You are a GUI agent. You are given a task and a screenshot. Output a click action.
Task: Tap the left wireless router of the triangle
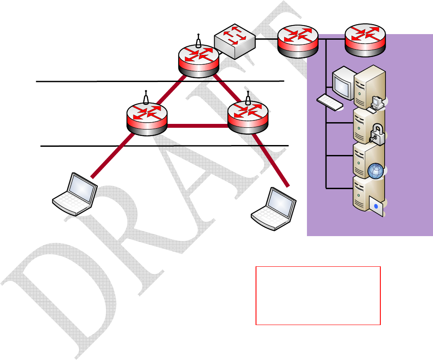[x=146, y=117]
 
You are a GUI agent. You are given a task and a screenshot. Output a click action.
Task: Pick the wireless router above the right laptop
[x=248, y=117]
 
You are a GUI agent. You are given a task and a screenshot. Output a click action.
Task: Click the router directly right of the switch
[x=297, y=41]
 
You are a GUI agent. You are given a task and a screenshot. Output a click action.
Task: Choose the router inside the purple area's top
[x=365, y=41]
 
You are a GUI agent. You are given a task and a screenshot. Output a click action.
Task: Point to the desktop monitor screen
[x=342, y=84]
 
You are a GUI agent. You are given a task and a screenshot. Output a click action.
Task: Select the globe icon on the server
[x=376, y=171]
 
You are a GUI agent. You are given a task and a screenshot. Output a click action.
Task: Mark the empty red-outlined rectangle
[x=318, y=295]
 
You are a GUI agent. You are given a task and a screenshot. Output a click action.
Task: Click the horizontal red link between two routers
[x=197, y=126]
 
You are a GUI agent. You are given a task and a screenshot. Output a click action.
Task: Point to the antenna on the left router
[x=146, y=97]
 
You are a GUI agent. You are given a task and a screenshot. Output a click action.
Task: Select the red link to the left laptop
[x=112, y=155]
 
